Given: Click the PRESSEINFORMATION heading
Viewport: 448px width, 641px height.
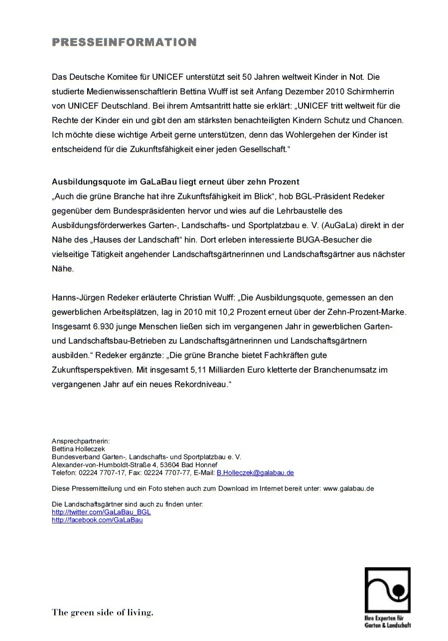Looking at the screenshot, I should [124, 42].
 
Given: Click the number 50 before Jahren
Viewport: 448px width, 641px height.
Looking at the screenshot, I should [247, 77].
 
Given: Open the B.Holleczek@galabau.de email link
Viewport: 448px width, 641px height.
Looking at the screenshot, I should [255, 473].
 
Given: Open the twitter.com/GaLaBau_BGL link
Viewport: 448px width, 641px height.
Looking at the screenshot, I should [101, 512].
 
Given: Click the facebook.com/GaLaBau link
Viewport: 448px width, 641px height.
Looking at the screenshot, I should [97, 520].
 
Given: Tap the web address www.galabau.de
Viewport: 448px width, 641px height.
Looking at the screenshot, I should [348, 488].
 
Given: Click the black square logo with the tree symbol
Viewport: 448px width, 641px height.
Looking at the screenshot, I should [387, 590].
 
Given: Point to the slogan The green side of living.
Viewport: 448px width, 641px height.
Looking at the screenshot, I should [103, 613].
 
